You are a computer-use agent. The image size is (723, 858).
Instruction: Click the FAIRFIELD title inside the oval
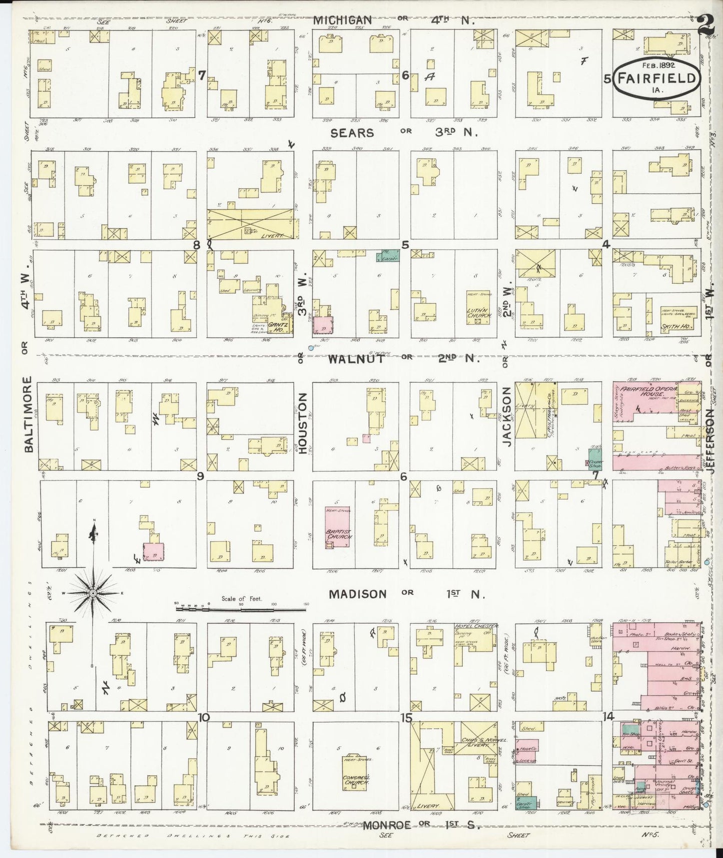(x=656, y=79)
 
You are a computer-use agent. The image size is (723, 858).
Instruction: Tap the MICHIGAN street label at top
(x=343, y=20)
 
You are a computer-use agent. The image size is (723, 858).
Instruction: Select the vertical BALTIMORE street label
(x=28, y=415)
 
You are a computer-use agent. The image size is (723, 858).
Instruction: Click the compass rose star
(x=93, y=593)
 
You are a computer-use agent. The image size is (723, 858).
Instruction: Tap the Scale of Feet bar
(x=242, y=604)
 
